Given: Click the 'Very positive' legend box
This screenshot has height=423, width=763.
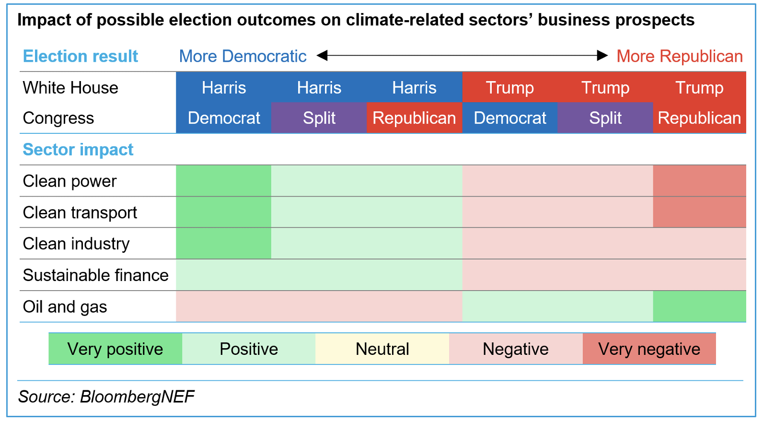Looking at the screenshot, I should (115, 349).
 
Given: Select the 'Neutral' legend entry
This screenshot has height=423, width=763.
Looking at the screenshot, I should (382, 349).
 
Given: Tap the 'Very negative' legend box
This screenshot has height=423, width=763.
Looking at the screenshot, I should (649, 349).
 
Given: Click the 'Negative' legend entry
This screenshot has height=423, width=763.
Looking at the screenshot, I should (515, 349).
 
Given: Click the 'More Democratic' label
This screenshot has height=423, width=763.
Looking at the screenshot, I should (243, 56).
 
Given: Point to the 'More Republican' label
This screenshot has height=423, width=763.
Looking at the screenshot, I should (679, 56).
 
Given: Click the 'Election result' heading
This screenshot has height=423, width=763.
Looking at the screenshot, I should (80, 56).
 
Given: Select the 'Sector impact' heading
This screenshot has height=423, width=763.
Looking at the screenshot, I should (78, 150).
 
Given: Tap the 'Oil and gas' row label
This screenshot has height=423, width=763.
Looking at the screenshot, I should (65, 306).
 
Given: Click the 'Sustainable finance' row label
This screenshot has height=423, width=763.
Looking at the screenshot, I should (95, 275).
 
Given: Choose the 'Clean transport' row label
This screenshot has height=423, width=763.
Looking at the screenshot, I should (80, 212).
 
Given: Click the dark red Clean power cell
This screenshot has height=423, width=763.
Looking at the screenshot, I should (699, 181).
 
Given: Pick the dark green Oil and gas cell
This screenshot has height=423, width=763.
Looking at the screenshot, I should (699, 306).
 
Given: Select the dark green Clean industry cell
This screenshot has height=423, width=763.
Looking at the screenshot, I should (223, 244).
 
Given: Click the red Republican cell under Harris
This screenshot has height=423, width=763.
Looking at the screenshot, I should (414, 118).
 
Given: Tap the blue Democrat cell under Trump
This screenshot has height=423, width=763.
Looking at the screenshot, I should (509, 118).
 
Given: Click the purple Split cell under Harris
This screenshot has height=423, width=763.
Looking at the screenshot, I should (319, 118).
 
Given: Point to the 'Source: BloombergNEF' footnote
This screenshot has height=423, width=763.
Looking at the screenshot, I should (106, 397).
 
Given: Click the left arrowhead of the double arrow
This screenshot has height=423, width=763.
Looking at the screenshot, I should (322, 56).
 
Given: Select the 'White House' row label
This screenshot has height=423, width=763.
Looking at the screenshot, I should (70, 88).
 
